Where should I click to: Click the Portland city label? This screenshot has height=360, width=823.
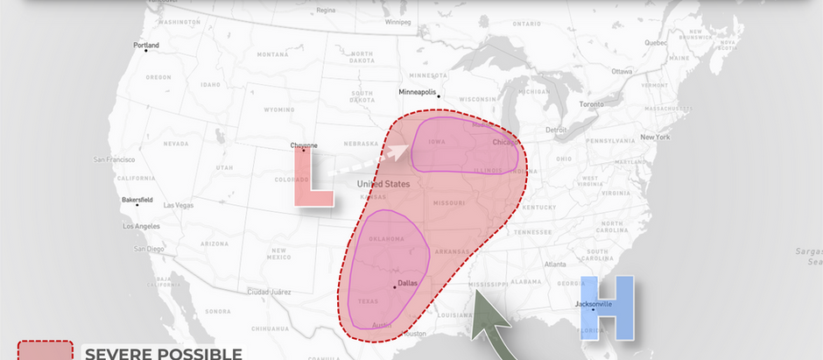146,45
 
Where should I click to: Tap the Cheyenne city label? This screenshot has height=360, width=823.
304,145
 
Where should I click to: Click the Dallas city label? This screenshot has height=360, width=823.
408,283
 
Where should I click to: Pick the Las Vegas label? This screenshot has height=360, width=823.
179,206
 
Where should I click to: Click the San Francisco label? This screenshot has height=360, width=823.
115,159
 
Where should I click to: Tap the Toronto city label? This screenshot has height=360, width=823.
591,104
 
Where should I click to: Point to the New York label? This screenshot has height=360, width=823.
655,137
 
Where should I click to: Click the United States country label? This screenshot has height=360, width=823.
383,184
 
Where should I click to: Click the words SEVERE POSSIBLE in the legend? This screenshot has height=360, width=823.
163,353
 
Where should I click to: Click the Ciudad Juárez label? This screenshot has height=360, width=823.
269,291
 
